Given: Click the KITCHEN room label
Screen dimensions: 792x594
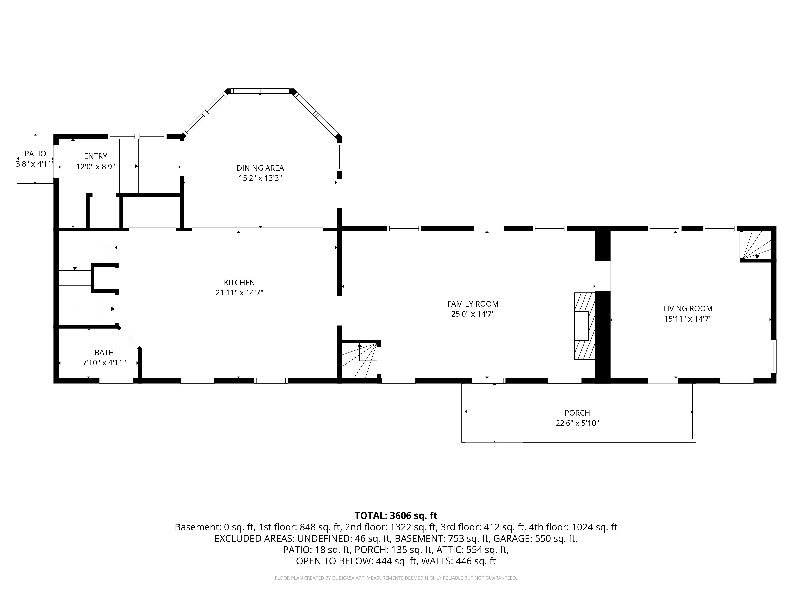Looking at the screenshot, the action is pos(239,283).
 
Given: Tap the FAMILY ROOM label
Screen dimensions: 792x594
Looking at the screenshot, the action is pos(473,304).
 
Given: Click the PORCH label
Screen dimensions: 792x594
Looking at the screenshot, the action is pos(577,413).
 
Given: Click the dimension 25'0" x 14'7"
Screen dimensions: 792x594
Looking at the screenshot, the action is pos(473,314).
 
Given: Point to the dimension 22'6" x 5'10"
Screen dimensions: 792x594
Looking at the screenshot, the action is pos(577,423).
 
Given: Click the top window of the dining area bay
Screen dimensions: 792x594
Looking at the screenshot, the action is pos(260,91).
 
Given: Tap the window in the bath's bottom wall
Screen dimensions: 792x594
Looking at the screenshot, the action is pos(116,381).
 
